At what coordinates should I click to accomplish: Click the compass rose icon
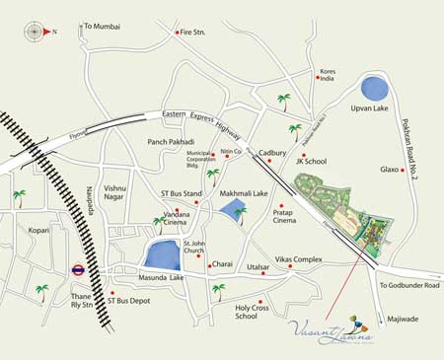click(x=35, y=32)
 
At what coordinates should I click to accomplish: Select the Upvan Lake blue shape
click(x=374, y=88)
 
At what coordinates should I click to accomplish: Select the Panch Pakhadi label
click(x=171, y=142)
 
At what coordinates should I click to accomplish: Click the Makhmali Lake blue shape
click(x=234, y=210)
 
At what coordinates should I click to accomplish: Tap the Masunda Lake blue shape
click(x=161, y=254)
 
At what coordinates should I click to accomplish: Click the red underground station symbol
click(x=78, y=268)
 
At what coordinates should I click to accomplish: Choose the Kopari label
click(x=39, y=230)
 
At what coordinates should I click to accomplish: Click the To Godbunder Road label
click(x=409, y=285)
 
